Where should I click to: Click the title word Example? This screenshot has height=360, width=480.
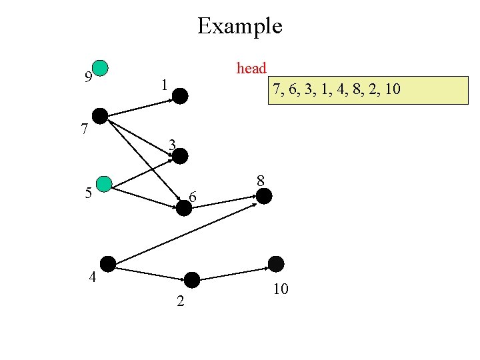(x=239, y=26)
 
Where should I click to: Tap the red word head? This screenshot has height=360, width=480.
(x=251, y=68)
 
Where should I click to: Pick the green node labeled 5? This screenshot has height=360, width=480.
(x=104, y=184)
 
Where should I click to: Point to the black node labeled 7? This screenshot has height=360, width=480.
(x=100, y=115)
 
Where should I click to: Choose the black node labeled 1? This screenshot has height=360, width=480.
(x=181, y=96)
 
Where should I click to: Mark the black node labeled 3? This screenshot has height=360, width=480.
(x=181, y=156)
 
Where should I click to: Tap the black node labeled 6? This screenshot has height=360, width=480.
(x=184, y=207)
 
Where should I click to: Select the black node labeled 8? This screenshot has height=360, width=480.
(x=264, y=196)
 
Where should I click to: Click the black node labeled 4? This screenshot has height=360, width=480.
(x=107, y=263)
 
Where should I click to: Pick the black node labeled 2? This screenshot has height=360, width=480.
(x=192, y=280)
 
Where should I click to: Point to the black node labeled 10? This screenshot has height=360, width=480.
(x=275, y=264)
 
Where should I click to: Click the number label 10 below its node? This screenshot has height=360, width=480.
(x=281, y=289)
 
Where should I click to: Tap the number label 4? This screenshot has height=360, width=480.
(x=93, y=277)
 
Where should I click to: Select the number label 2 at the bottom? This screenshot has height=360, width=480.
(x=180, y=301)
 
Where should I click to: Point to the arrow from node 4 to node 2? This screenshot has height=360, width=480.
(x=149, y=272)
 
